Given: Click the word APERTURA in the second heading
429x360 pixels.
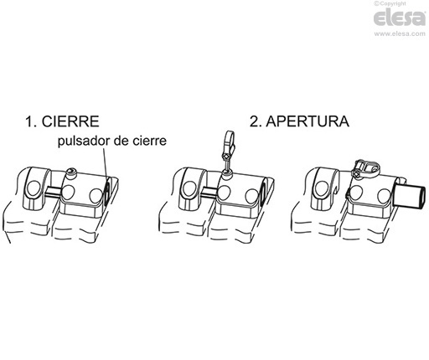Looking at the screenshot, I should coord(308,122).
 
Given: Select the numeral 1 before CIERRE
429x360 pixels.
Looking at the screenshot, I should coord(29,122).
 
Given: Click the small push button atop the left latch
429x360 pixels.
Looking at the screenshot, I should coord(70,173).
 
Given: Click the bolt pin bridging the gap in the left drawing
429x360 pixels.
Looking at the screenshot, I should coord(53,194).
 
